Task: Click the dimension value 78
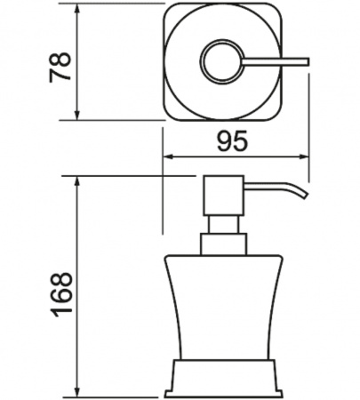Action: pos(60,67)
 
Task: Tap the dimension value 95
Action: pos(232,141)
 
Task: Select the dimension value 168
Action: pos(61,294)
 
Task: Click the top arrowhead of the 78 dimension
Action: pos(77,9)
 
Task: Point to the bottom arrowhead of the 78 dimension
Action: pos(77,115)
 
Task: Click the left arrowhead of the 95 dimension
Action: pos(169,157)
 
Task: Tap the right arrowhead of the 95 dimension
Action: pos(303,157)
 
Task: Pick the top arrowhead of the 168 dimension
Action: pos(77,182)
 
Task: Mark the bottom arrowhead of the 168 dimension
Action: pos(77,392)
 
